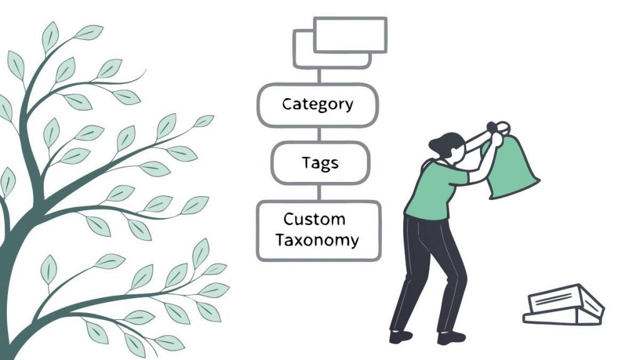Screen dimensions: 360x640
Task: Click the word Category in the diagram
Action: point(317,104)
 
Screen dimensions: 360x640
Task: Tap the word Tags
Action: point(320,163)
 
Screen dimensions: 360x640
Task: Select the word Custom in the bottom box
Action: point(314,219)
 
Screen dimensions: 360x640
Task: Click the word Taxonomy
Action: point(318,240)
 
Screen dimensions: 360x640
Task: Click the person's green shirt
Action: point(434,187)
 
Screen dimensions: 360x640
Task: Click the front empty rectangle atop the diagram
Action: point(349,35)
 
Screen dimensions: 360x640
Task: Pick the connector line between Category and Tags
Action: point(319,134)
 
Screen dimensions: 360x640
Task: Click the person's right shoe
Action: point(451,338)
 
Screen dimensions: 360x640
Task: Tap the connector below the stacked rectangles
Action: point(319,76)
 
